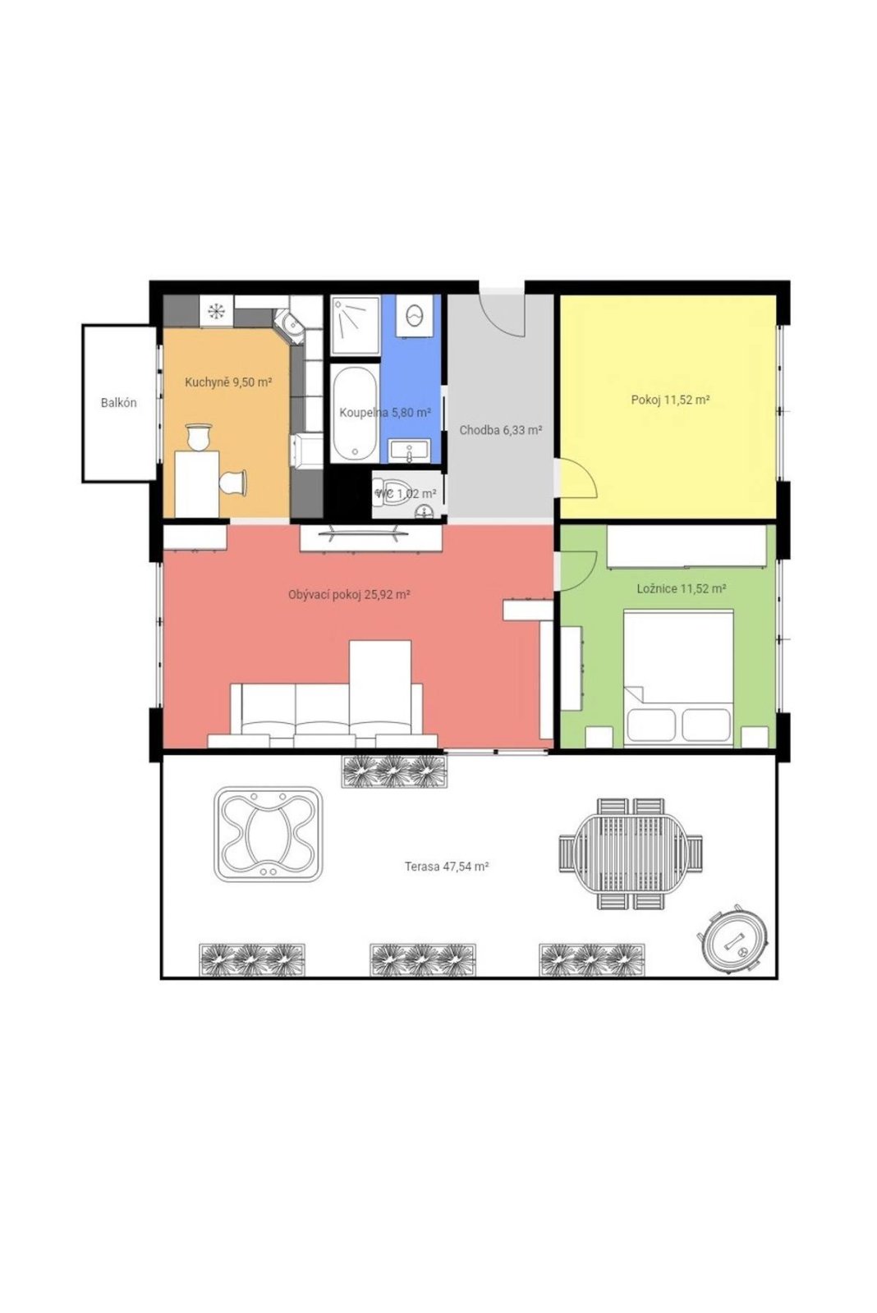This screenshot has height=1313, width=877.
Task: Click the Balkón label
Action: point(118,403)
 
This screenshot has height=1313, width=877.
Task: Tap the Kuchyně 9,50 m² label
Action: point(228,382)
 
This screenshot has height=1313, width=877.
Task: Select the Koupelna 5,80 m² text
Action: point(385,413)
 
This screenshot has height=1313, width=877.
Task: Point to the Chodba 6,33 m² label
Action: point(500,430)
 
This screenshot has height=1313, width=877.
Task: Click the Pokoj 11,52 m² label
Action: point(671,400)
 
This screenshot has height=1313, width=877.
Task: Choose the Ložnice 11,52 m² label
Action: point(682,588)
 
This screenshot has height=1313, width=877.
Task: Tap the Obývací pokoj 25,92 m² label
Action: point(349,595)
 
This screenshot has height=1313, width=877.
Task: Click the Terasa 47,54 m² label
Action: point(447,867)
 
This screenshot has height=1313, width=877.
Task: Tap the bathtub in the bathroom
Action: point(354,414)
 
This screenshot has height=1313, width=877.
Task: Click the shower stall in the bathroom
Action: point(355,326)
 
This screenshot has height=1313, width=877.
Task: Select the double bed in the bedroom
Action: point(678,679)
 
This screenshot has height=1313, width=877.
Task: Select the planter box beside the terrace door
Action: point(393,771)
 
